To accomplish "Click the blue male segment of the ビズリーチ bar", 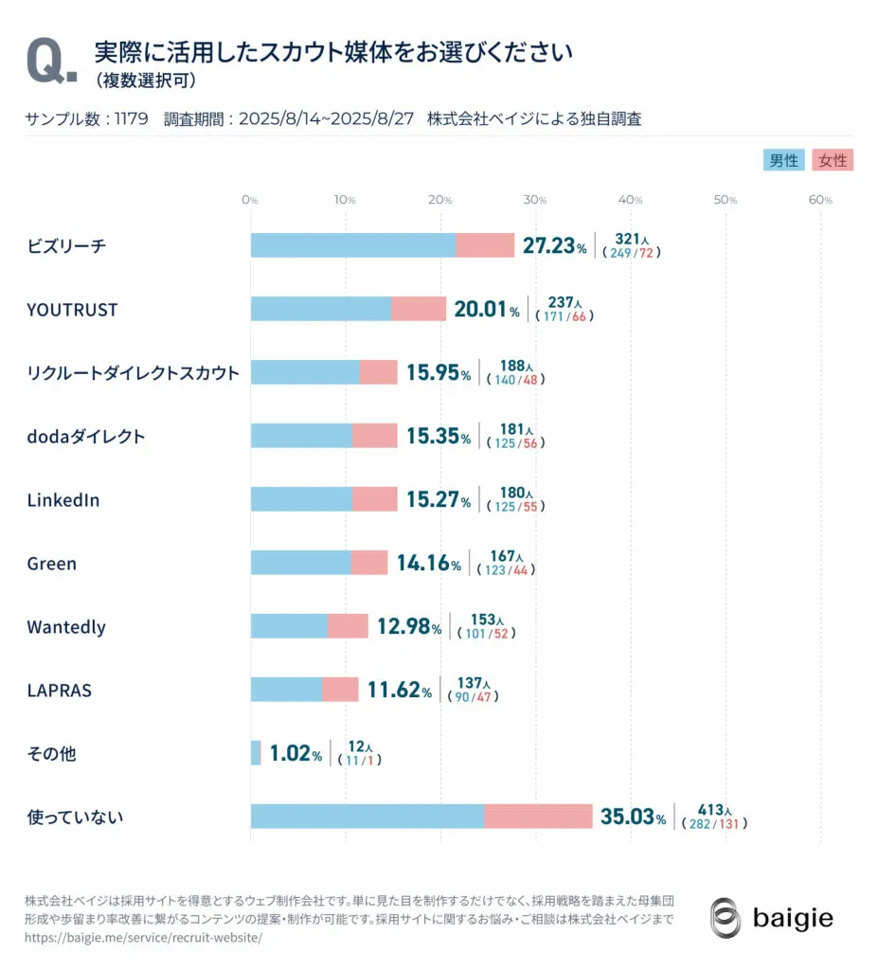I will coord(352,245).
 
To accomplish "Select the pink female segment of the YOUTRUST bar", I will coord(419,309).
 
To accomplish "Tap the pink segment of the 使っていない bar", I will coord(538,817).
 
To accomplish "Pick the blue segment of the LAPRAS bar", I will coord(286,690).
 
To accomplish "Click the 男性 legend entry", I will coord(783,161).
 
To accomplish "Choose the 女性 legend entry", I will coord(833,161).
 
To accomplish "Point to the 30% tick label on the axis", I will coord(535,200).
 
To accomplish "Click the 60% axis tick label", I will coord(820,200).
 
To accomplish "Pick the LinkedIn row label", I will coord(63,500).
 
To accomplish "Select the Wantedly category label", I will coord(66,627).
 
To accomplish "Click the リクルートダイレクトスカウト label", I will coord(134,373).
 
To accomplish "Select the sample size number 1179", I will coord(130,119).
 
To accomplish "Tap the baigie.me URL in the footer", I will coord(143,937).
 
